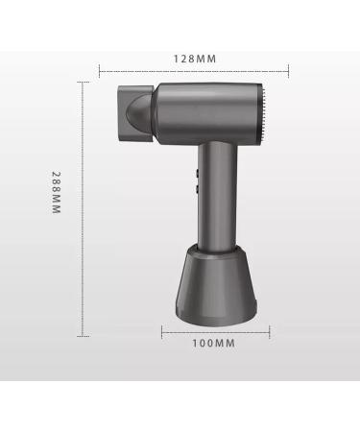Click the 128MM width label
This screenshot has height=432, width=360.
click(195, 58)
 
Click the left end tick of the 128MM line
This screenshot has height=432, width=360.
click(100, 70)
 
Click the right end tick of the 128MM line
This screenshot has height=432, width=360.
click(288, 70)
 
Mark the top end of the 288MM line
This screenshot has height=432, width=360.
click(84, 82)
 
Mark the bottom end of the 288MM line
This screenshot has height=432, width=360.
click(84, 335)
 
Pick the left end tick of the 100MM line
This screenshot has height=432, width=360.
click(161, 331)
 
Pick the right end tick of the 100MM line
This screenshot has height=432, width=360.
click(270, 331)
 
